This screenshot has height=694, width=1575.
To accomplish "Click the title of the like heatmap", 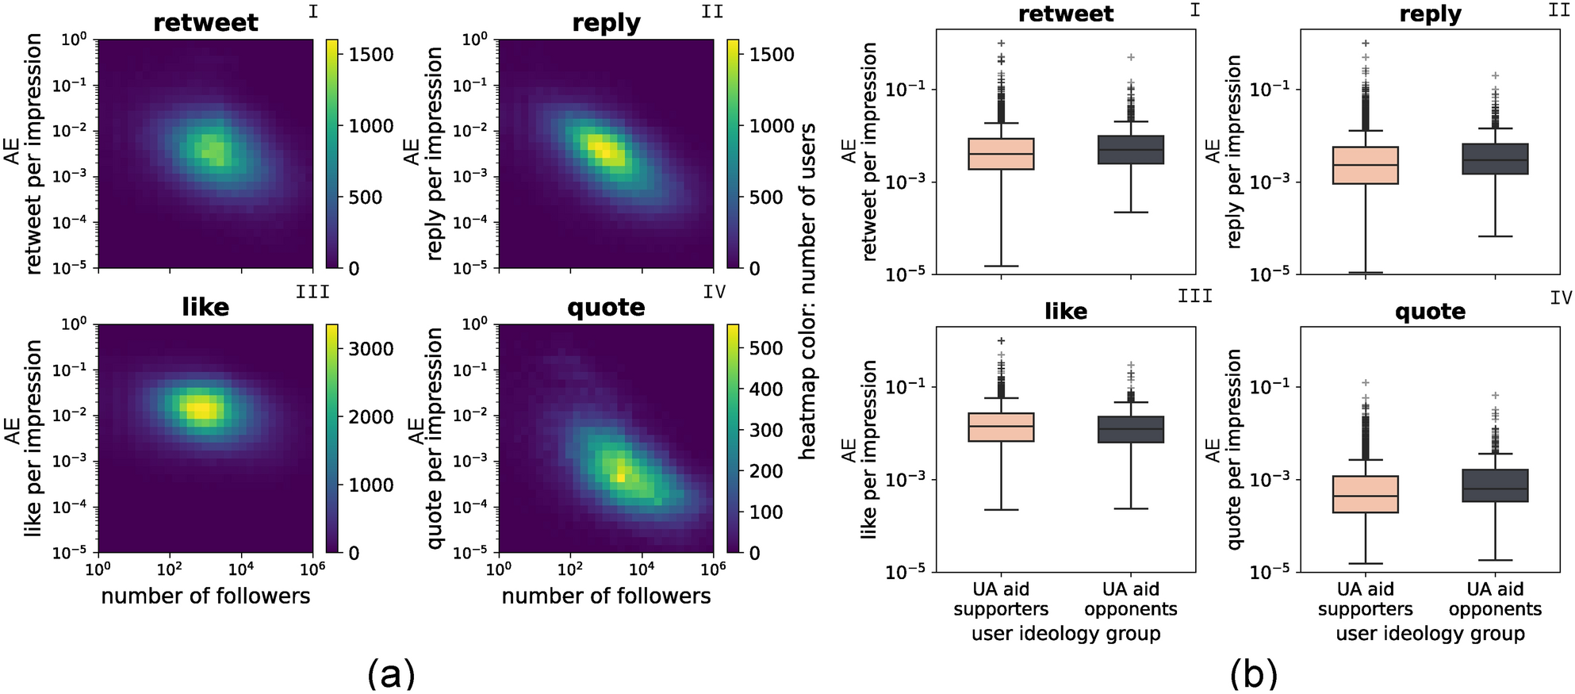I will pos(205,308).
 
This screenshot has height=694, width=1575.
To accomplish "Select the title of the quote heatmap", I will pos(606,308).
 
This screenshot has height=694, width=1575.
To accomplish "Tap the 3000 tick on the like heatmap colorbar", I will pos(371,349).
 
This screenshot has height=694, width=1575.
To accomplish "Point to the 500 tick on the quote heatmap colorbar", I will pos(766,348).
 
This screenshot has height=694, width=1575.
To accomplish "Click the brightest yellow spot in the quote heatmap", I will pos(621,476).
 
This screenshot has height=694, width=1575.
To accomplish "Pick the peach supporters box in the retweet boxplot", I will pos(1001,154).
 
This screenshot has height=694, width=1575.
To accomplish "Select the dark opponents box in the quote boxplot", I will pos(1495,485).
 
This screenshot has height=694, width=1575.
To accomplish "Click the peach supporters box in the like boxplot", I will pos(1001,427).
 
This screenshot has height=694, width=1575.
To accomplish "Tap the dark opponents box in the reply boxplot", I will pos(1495,159).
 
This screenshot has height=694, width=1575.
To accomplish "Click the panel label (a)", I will pos(391,674).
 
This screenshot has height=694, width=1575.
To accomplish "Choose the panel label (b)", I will pos(1253,674).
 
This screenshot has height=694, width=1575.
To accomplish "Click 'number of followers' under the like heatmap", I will pos(205,596).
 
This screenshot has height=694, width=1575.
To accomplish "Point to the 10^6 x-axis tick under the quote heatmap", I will pos(713,569).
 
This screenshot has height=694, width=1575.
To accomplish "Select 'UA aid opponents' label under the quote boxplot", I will pos(1495,599).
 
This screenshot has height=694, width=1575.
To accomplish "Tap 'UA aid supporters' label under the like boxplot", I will pos(1001,599).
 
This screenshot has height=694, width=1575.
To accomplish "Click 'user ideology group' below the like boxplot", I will pos(1066,634).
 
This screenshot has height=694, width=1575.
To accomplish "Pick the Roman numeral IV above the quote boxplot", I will pos(1560,298).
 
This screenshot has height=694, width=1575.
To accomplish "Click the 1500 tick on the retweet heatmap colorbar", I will pos(371,55).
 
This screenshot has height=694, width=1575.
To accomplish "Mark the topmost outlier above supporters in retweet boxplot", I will pos(1001,44).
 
